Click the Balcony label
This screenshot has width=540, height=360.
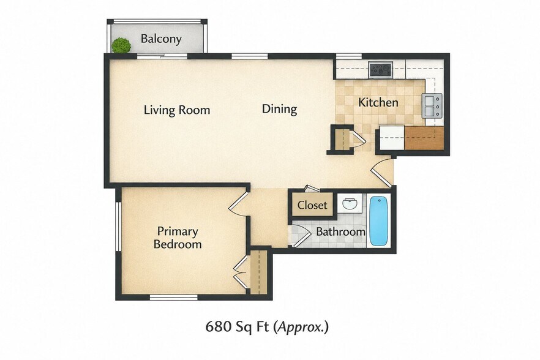pyautogui.click(x=161, y=39)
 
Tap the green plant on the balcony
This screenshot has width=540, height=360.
pyautogui.click(x=121, y=45)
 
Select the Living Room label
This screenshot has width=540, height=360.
pyautogui.click(x=177, y=110)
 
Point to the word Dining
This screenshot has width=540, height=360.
pyautogui.click(x=279, y=109)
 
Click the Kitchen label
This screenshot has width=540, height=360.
pyautogui.click(x=378, y=102)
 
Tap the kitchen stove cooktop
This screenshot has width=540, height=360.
pyautogui.click(x=380, y=70)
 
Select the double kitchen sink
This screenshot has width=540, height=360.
pyautogui.click(x=432, y=106)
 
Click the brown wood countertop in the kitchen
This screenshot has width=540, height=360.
pyautogui.click(x=424, y=138)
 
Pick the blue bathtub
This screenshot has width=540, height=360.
pyautogui.click(x=379, y=221)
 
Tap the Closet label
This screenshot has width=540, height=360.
pyautogui.click(x=312, y=205)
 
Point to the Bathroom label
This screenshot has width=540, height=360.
pyautogui.click(x=340, y=231)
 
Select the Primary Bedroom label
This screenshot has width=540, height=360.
pyautogui.click(x=178, y=238)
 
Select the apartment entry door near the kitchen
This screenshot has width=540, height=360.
pyautogui.click(x=382, y=172)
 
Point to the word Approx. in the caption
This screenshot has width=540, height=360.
pyautogui.click(x=301, y=327)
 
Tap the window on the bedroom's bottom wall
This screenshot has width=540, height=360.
pyautogui.click(x=174, y=297)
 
